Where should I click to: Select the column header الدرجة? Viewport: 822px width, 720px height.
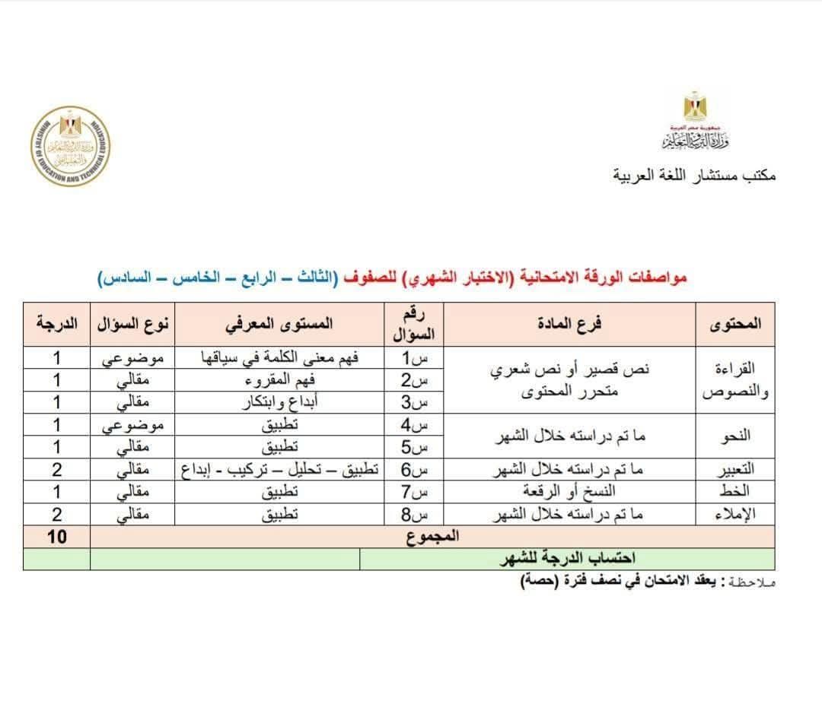pyautogui.click(x=56, y=323)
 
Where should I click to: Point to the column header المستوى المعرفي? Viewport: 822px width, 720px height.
pyautogui.click(x=279, y=323)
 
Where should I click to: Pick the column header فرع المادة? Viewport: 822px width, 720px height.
pyautogui.click(x=569, y=323)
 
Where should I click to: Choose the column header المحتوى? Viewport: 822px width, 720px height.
pyautogui.click(x=735, y=323)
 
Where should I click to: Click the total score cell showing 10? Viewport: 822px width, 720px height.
pyautogui.click(x=56, y=537)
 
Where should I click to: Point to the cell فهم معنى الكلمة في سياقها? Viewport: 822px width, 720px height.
pyautogui.click(x=279, y=358)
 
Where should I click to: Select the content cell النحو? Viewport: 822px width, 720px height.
pyautogui.click(x=735, y=436)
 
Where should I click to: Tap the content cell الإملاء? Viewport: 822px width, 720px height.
pyautogui.click(x=735, y=515)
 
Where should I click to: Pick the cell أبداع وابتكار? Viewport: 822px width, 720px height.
pyautogui.click(x=279, y=402)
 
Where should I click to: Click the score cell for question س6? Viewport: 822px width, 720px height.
pyautogui.click(x=56, y=470)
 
